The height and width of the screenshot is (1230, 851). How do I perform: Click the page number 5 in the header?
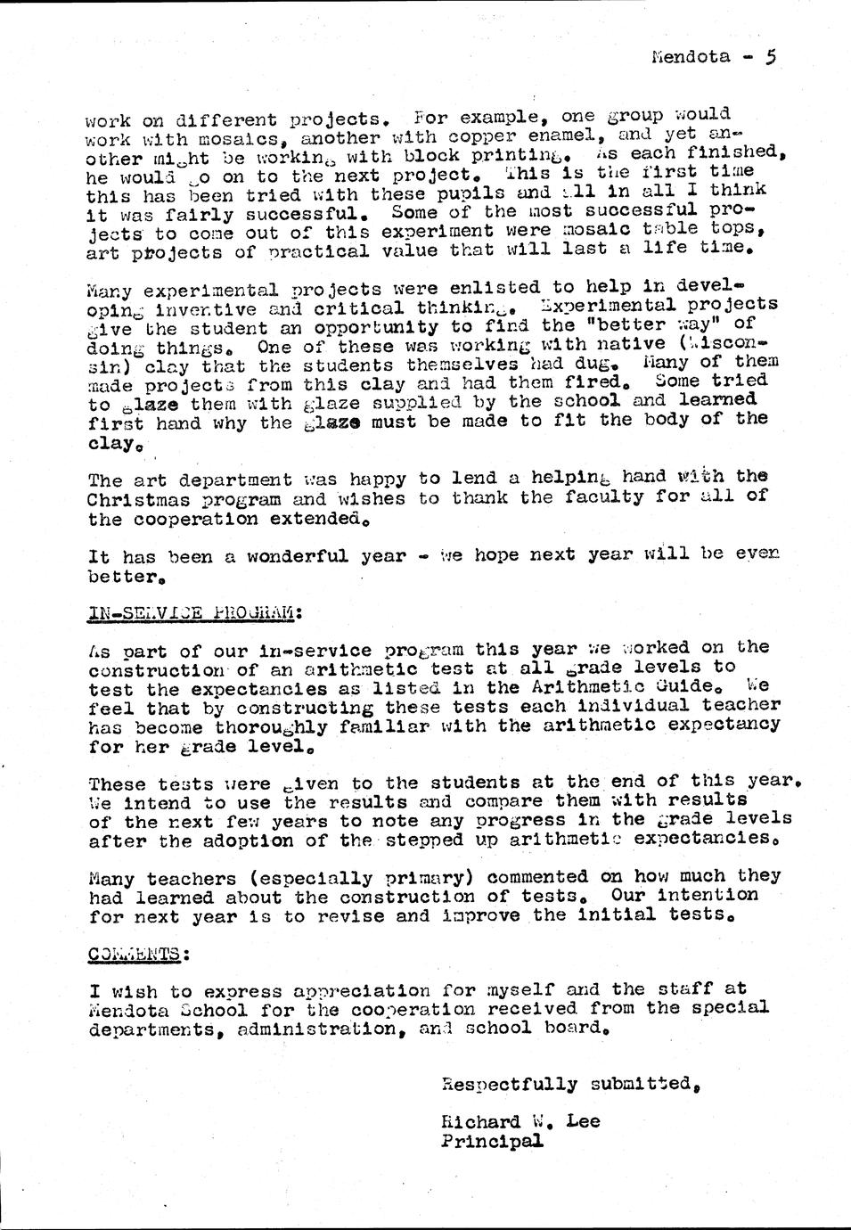tap(770, 57)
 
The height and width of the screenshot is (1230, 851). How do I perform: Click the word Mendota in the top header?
tap(691, 57)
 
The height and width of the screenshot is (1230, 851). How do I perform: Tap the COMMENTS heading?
tap(139, 953)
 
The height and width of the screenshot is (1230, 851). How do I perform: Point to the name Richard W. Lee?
tap(520, 1121)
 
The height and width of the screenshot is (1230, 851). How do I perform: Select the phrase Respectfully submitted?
tap(570, 1084)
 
